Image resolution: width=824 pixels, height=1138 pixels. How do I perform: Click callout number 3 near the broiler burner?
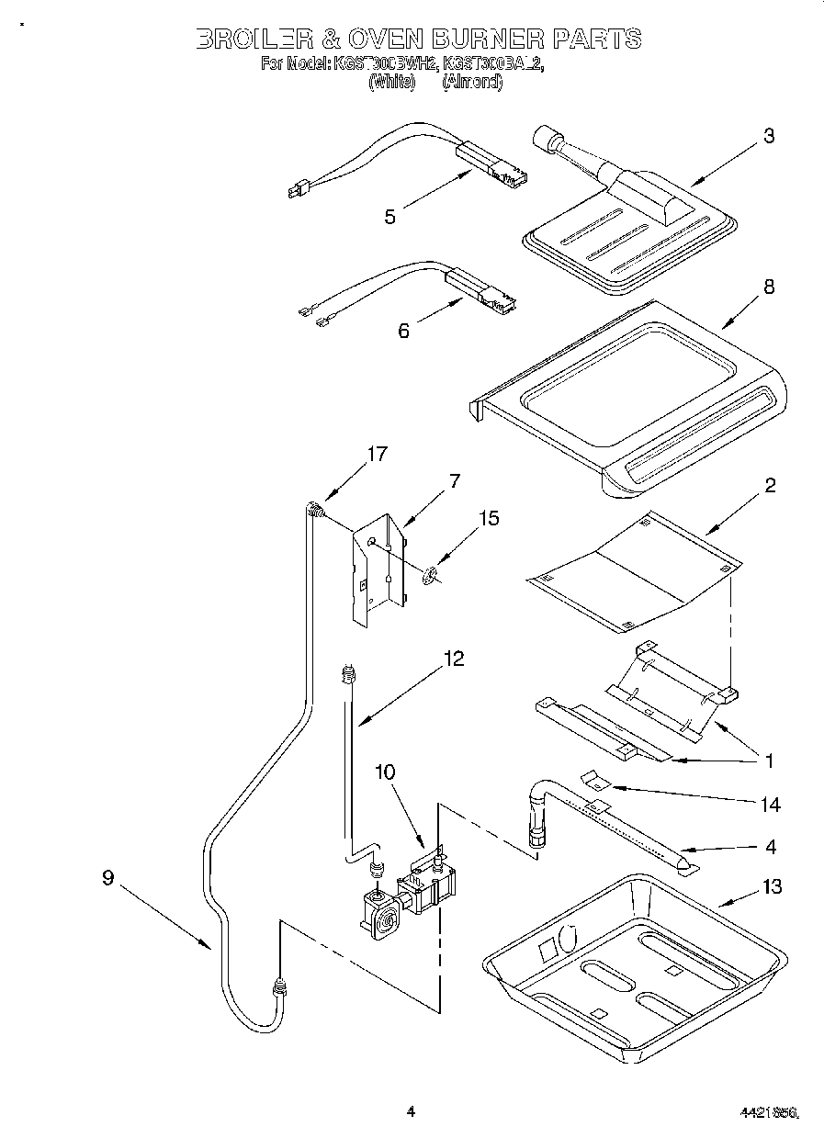(x=768, y=137)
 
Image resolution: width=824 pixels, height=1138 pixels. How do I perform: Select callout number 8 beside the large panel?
(x=768, y=287)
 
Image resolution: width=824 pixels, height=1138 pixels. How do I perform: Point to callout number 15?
(x=489, y=519)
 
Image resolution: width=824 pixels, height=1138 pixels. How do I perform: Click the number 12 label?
(x=452, y=659)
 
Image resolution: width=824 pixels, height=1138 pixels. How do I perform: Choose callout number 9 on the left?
(x=108, y=878)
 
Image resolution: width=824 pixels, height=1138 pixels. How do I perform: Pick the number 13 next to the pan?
(x=772, y=886)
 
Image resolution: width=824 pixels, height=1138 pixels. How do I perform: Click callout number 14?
(x=770, y=805)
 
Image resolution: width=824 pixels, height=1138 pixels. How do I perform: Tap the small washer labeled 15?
(x=429, y=577)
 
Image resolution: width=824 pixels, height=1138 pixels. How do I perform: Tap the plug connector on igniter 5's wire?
(x=296, y=191)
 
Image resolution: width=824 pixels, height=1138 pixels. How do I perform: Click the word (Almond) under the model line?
(x=472, y=82)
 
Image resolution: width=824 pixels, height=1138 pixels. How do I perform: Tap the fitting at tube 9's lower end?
(x=278, y=989)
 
